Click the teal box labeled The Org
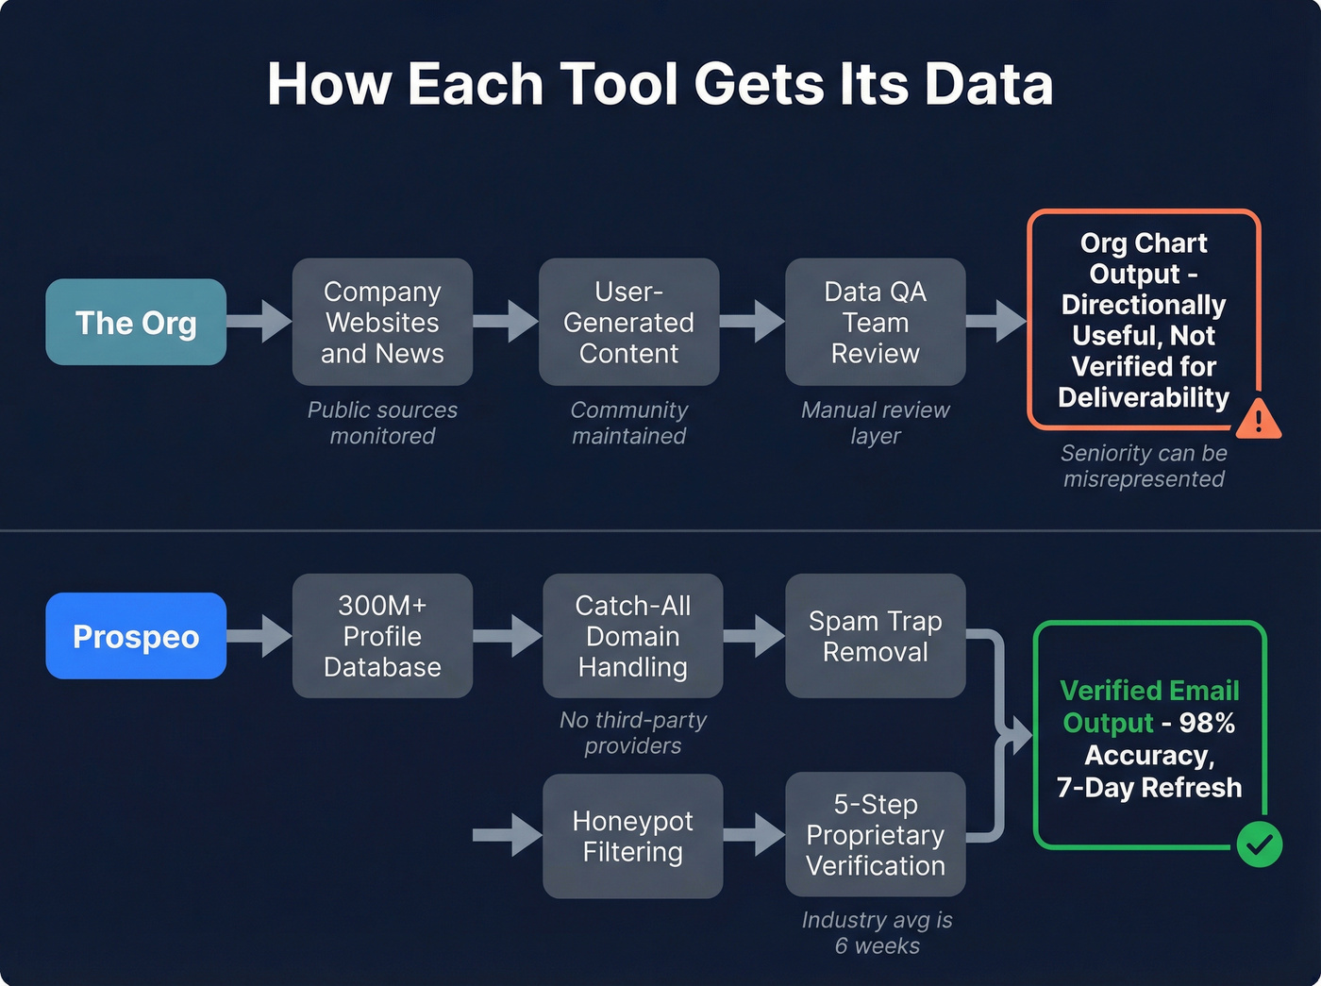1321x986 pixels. click(136, 323)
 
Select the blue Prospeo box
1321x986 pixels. click(136, 636)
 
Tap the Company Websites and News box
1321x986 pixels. click(382, 322)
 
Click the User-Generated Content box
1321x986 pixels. click(628, 322)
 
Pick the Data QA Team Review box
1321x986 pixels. click(875, 322)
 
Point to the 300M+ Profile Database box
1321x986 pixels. click(382, 636)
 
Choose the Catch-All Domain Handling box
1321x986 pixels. click(632, 636)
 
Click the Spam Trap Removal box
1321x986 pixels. click(875, 636)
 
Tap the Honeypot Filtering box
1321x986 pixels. click(632, 836)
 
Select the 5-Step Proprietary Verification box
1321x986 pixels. click(875, 835)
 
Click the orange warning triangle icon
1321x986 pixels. click(1258, 420)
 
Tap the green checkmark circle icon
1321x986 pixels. click(1259, 844)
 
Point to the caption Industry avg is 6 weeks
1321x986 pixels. click(877, 932)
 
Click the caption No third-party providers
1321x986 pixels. click(632, 732)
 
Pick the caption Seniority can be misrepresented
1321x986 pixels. click(1144, 466)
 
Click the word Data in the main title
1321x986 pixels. click(988, 84)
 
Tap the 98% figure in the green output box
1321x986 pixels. click(1207, 723)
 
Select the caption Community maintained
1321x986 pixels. click(628, 423)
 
